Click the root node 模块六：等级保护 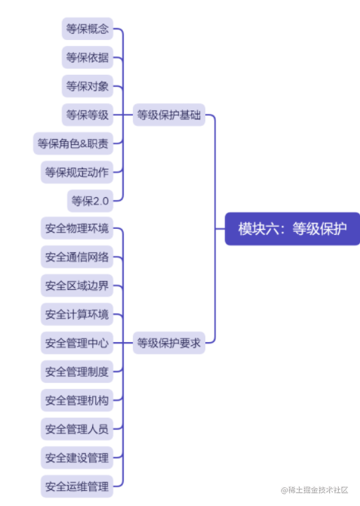tap(293, 229)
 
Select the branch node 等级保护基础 tap(168, 116)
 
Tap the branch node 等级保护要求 tap(168, 343)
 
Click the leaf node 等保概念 tap(87, 29)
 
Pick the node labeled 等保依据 tap(87, 58)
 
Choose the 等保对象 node tap(87, 87)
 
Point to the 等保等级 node tap(87, 116)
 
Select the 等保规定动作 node tap(76, 172)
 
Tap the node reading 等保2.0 tap(90, 201)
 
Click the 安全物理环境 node tap(76, 229)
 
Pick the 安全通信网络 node tap(76, 258)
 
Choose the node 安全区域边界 tap(76, 286)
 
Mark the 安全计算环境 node tap(76, 314)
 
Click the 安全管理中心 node tap(76, 343)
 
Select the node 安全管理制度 tap(76, 372)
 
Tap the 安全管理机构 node tap(76, 400)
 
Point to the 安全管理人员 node tap(76, 429)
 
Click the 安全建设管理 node tap(76, 458)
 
